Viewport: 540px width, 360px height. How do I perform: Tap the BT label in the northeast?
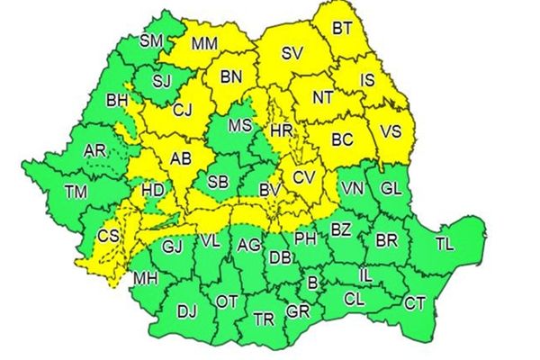342,29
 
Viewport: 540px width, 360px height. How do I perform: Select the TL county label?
445,244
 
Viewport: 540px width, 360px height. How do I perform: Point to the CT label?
414,303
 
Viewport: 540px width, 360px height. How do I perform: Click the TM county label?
76,191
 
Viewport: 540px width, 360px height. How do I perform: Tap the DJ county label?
186,311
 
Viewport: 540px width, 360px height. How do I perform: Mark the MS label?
239,126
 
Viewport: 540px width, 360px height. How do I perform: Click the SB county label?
217,182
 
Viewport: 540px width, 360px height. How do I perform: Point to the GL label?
391,189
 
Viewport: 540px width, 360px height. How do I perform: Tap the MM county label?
204,41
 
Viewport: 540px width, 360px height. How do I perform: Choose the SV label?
291,53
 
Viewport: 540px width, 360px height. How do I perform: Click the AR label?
94,150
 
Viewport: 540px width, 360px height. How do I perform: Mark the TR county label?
264,319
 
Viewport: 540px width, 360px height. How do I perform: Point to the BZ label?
340,230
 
